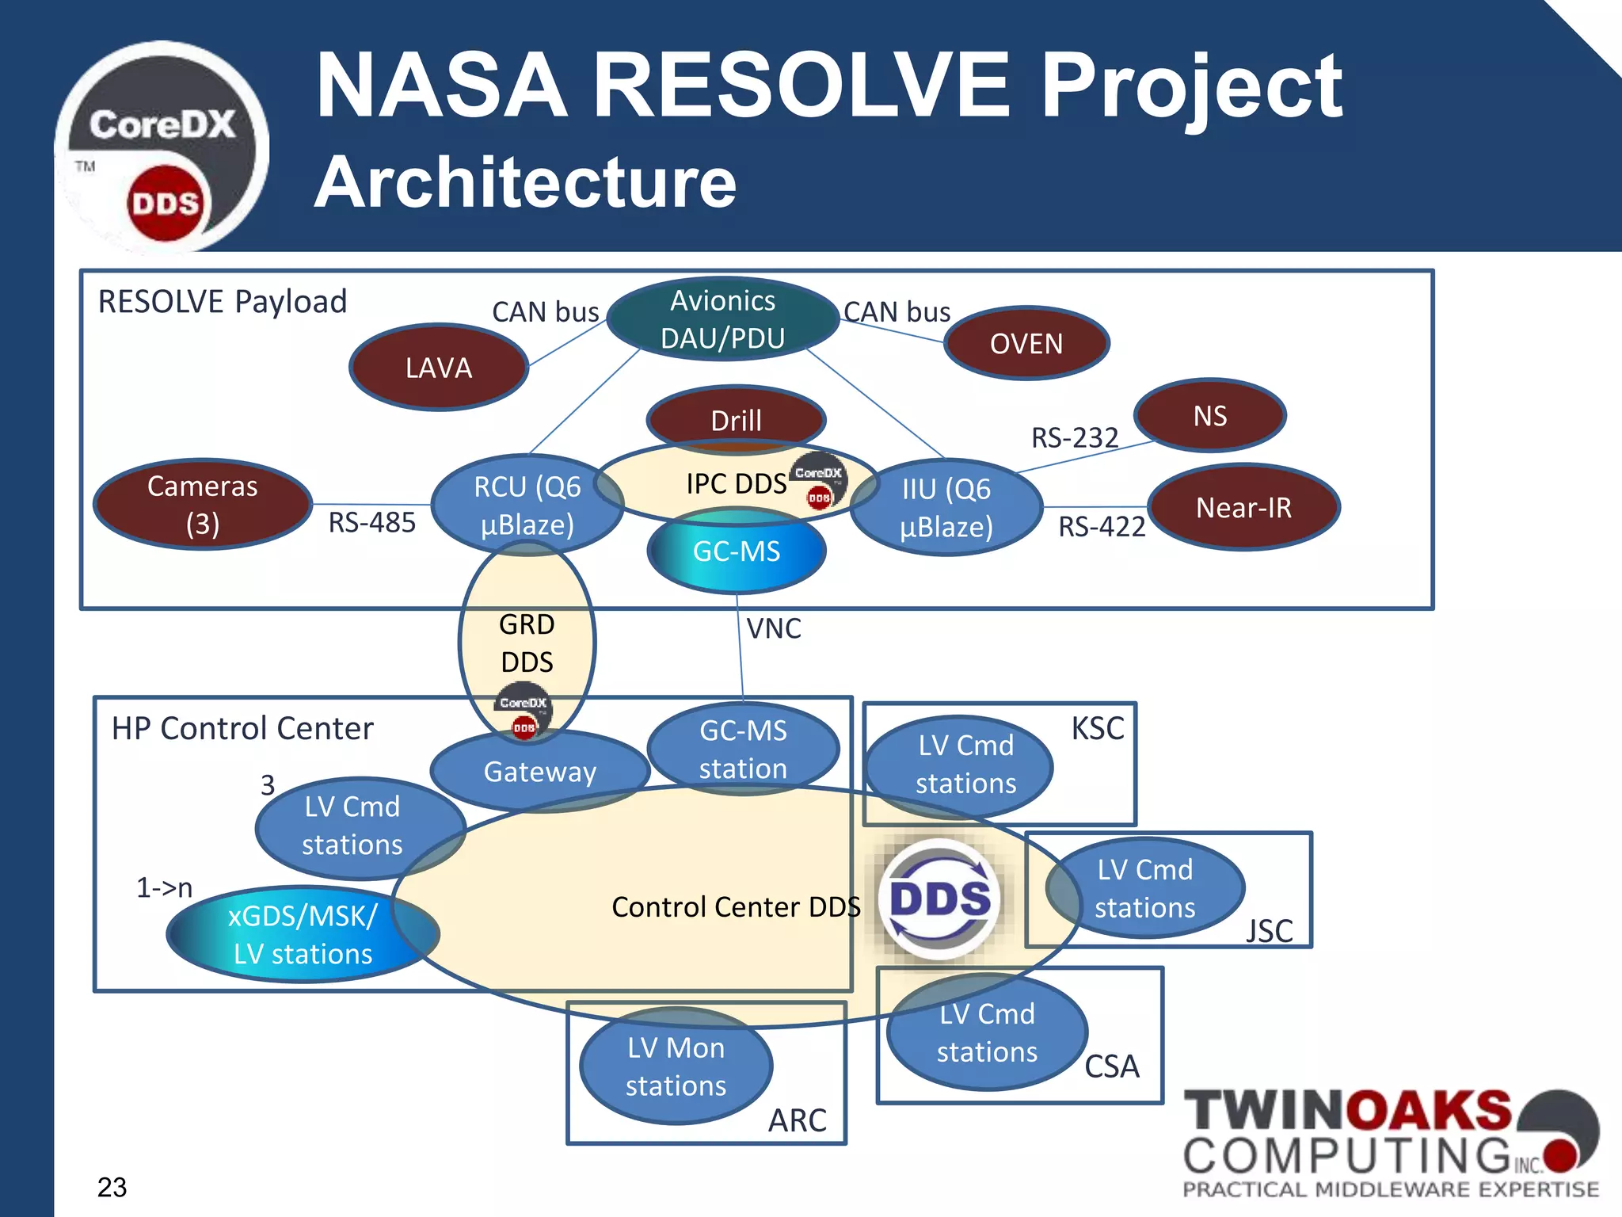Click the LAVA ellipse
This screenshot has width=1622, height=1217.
(439, 368)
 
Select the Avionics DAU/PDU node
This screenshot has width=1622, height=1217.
(722, 319)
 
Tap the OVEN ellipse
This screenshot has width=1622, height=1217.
(1026, 343)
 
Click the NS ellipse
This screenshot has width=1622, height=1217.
(1209, 416)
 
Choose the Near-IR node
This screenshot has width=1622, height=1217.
(1243, 507)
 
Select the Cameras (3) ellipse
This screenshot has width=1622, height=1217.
(202, 505)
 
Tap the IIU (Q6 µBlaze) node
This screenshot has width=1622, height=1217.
(946, 508)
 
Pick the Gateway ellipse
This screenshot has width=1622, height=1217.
(540, 772)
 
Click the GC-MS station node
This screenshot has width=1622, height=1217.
(743, 750)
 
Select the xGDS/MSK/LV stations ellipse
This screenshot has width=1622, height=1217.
(303, 935)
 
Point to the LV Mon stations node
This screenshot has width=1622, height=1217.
(676, 1066)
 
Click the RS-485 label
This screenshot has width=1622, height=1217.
(371, 523)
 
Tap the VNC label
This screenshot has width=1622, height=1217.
(774, 629)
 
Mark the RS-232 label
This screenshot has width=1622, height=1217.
(1074, 437)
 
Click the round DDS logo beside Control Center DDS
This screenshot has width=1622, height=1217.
(939, 898)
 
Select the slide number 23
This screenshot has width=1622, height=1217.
(112, 1187)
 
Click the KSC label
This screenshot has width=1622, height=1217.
(1097, 728)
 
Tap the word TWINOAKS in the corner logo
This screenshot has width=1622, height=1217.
(1346, 1111)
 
